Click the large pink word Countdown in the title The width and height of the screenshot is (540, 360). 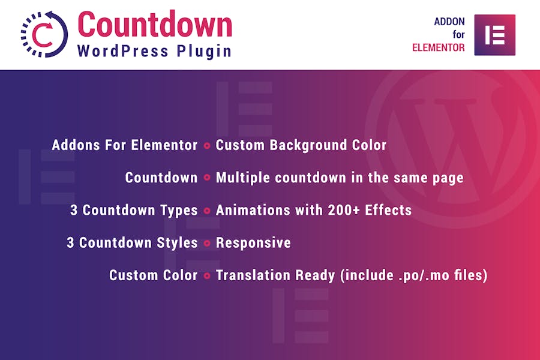click(x=155, y=24)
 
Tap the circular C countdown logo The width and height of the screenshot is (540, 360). click(x=44, y=34)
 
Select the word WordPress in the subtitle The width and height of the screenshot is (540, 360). click(x=123, y=52)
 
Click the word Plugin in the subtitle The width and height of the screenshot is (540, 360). click(x=204, y=52)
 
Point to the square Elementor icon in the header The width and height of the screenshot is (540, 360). click(x=495, y=35)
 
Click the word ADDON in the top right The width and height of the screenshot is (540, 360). click(x=449, y=22)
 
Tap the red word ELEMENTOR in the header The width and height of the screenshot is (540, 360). click(x=439, y=47)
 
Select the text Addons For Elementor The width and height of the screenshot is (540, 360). click(x=125, y=145)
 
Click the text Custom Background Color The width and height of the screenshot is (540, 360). click(x=301, y=145)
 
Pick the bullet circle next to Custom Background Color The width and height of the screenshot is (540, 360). click(x=207, y=146)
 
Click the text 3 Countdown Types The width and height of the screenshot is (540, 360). click(x=134, y=210)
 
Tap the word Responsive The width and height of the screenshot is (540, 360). click(x=253, y=243)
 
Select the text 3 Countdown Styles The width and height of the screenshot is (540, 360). click(x=132, y=242)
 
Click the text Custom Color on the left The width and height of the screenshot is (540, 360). click(x=154, y=275)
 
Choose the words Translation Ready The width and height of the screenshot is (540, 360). click(x=275, y=275)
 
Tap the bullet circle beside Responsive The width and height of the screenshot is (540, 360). click(x=207, y=243)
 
